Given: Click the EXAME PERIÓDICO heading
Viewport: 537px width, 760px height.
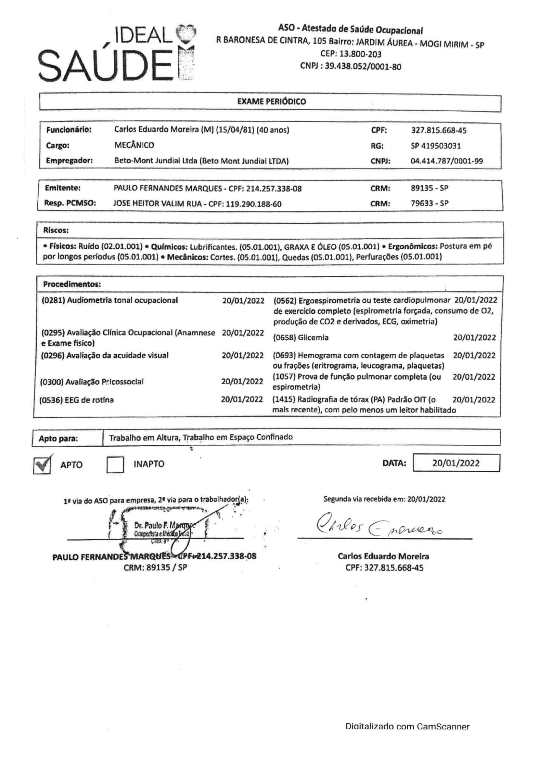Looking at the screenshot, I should click(271, 102).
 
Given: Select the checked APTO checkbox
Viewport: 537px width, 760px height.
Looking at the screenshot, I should click(42, 465).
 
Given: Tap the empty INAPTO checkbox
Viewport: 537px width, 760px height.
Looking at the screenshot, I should click(115, 465).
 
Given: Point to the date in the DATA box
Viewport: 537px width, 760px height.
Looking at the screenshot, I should click(455, 463).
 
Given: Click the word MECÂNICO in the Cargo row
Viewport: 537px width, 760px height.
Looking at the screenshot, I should click(134, 145).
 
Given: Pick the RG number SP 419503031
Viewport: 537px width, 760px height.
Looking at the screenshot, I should click(435, 146).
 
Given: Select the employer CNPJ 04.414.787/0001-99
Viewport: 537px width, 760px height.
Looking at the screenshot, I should click(446, 161).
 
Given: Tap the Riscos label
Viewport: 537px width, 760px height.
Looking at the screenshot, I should click(56, 230).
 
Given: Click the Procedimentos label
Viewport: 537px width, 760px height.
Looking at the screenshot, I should click(72, 284).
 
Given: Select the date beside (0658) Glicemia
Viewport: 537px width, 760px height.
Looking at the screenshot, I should click(474, 338).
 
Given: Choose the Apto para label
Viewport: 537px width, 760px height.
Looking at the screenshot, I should click(58, 439).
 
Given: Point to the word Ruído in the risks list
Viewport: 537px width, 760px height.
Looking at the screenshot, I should click(89, 246).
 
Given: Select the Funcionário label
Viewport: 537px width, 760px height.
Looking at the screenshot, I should click(69, 130).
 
